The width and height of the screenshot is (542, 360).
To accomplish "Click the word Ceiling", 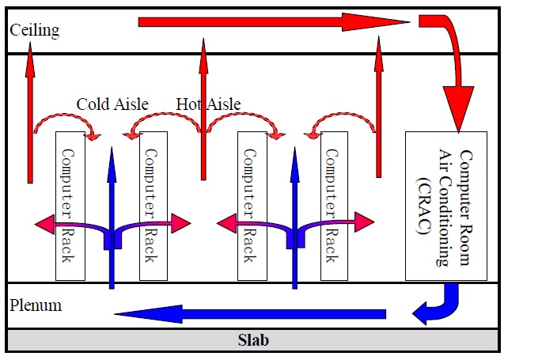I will click(x=34, y=31).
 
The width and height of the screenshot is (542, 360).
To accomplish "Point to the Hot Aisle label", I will click(x=208, y=104).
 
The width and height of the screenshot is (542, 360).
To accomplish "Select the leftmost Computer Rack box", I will click(x=70, y=206).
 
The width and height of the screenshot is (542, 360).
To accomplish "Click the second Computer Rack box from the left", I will click(x=154, y=206).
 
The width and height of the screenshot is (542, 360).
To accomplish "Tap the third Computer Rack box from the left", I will click(x=252, y=206).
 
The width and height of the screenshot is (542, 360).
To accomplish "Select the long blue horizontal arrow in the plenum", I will click(x=249, y=314).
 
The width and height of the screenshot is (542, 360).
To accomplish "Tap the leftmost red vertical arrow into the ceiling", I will click(x=30, y=119).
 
